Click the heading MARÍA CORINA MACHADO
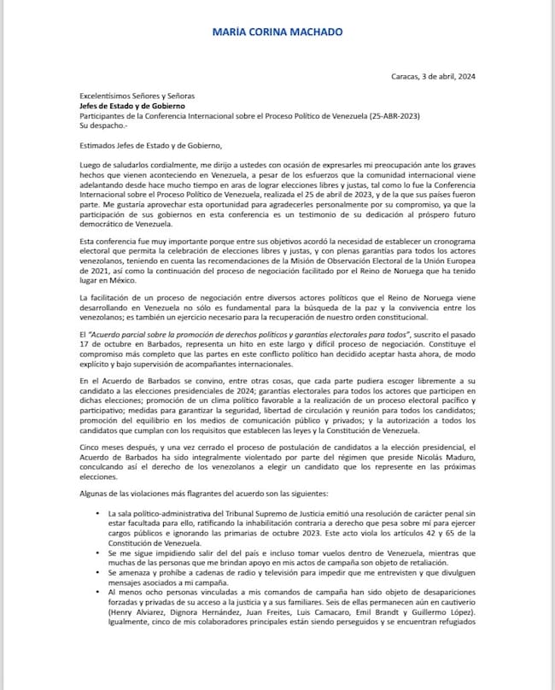click(277, 32)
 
